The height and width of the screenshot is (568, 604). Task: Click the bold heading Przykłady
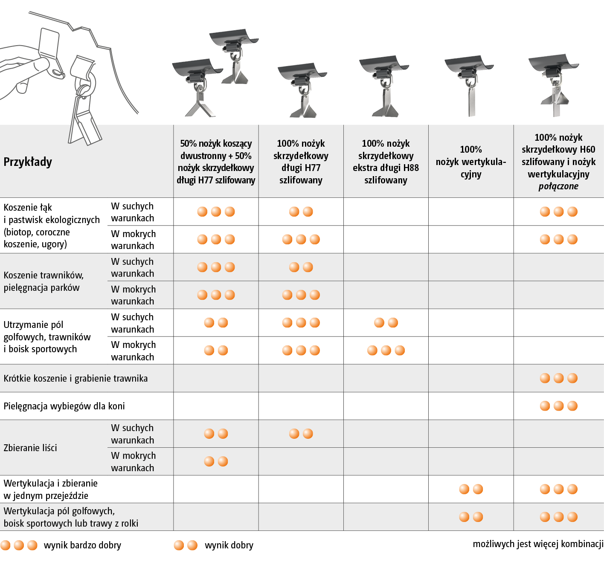pos(28,162)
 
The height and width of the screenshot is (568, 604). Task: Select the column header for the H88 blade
pos(386,162)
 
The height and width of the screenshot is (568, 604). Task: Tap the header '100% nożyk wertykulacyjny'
pos(471,162)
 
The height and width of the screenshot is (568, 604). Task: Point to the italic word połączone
pos(558,186)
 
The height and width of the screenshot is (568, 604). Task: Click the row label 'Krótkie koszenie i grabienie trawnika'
pos(75,378)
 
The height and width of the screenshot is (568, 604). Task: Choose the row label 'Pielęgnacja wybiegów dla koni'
pos(64,406)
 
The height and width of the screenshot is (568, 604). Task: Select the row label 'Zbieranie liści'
pos(30,448)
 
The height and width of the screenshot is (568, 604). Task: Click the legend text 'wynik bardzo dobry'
pos(82,545)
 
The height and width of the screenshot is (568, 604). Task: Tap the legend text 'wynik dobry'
pos(229,545)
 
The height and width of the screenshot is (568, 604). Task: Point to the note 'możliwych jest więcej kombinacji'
pos(538,544)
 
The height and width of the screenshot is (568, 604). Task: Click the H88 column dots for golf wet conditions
pos(386,350)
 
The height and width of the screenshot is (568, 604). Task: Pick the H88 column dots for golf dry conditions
pos(386,323)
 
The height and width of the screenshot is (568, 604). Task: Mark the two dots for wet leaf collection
pos(216,461)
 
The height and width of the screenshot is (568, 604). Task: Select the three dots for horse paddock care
pos(559,406)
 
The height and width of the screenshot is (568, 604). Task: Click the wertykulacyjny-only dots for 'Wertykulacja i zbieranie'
pos(471,489)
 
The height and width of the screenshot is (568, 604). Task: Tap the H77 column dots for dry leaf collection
pos(301,434)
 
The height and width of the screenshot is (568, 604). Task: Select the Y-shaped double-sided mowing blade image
pos(198,88)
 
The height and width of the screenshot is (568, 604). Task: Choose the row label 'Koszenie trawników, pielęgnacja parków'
pos(44,281)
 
